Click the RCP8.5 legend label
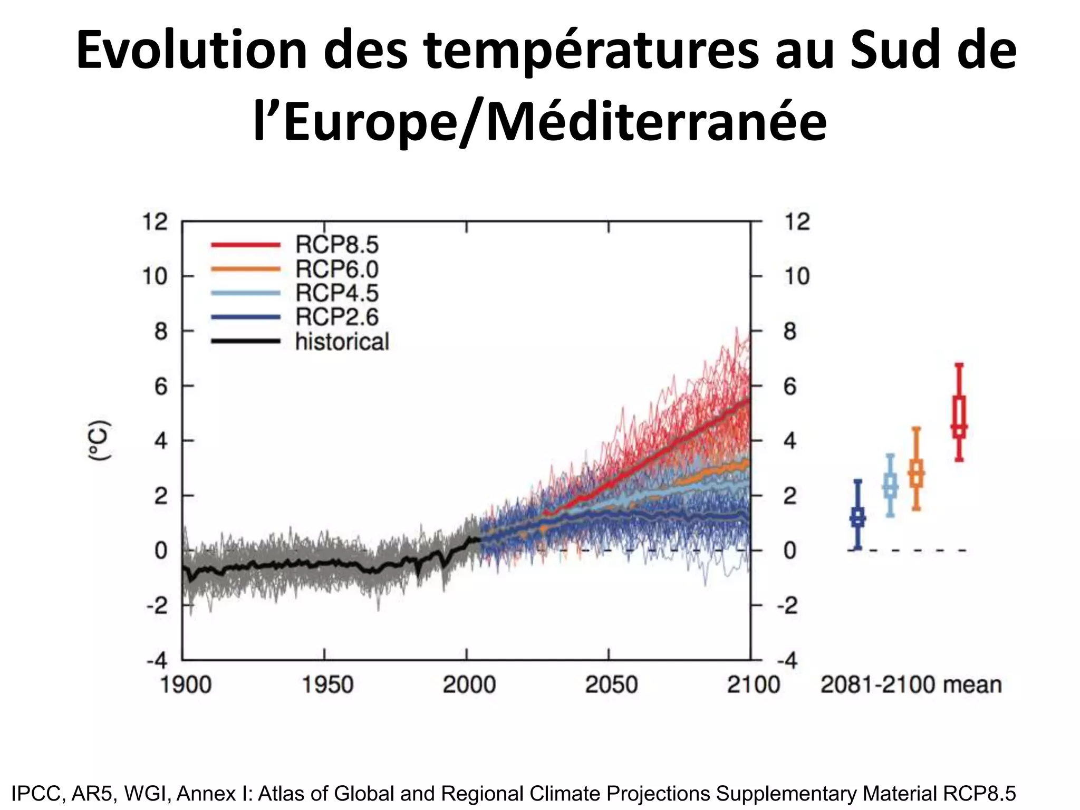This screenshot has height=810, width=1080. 336,245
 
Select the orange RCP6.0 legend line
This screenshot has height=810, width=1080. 245,269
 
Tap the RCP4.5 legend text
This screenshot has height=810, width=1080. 336,293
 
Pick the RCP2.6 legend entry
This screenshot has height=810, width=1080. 336,317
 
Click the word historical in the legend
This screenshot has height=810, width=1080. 342,342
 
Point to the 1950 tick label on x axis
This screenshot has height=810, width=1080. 327,685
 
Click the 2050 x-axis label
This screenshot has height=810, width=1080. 611,685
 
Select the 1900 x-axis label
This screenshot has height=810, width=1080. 185,685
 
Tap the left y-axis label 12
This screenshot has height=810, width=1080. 155,222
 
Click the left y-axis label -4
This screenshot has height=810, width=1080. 157,661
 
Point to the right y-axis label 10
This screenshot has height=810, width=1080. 796,276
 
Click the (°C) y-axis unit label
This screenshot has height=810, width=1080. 99,441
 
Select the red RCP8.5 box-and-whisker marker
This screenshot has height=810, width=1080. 959,412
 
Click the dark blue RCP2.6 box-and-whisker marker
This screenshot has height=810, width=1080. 857,515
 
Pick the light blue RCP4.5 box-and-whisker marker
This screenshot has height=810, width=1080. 890,485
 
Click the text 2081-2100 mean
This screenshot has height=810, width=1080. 911,685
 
